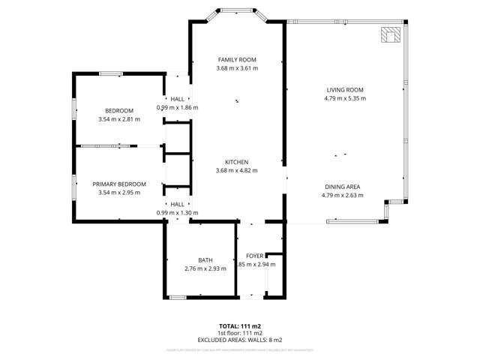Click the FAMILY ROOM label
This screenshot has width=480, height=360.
point(237,59)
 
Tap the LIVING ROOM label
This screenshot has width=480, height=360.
point(343,88)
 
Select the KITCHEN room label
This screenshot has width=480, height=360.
point(237,162)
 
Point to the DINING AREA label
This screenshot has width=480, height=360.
point(343,187)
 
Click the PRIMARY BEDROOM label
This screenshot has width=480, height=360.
point(119,184)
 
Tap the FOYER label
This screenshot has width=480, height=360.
point(256,256)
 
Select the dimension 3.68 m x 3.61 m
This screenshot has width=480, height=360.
point(237,68)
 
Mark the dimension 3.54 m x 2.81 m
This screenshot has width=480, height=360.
point(119,119)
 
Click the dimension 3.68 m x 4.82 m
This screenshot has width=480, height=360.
point(237,171)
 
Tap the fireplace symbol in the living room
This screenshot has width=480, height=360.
point(391,35)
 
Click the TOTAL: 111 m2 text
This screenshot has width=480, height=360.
point(240,326)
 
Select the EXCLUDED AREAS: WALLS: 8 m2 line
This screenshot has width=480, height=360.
point(240,340)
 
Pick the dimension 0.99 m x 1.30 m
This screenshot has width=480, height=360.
point(178,213)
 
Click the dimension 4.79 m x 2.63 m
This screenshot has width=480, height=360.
point(343,196)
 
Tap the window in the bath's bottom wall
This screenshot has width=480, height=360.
point(178,298)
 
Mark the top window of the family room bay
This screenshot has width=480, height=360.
point(237,10)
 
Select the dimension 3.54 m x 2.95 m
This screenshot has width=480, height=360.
point(119,193)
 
